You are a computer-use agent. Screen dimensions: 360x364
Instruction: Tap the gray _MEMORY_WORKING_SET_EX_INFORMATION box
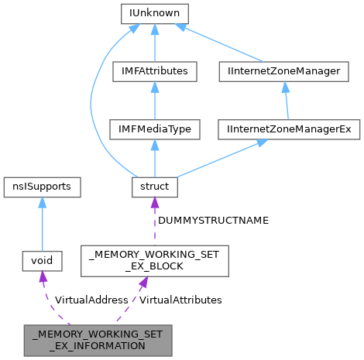[x=98, y=340]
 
